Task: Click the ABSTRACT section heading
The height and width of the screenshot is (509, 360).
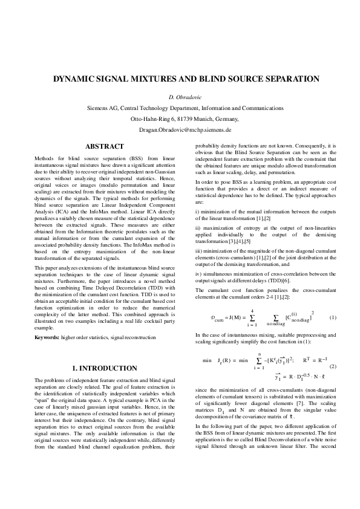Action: (x=105, y=146)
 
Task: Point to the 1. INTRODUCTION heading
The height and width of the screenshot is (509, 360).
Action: (x=105, y=368)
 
